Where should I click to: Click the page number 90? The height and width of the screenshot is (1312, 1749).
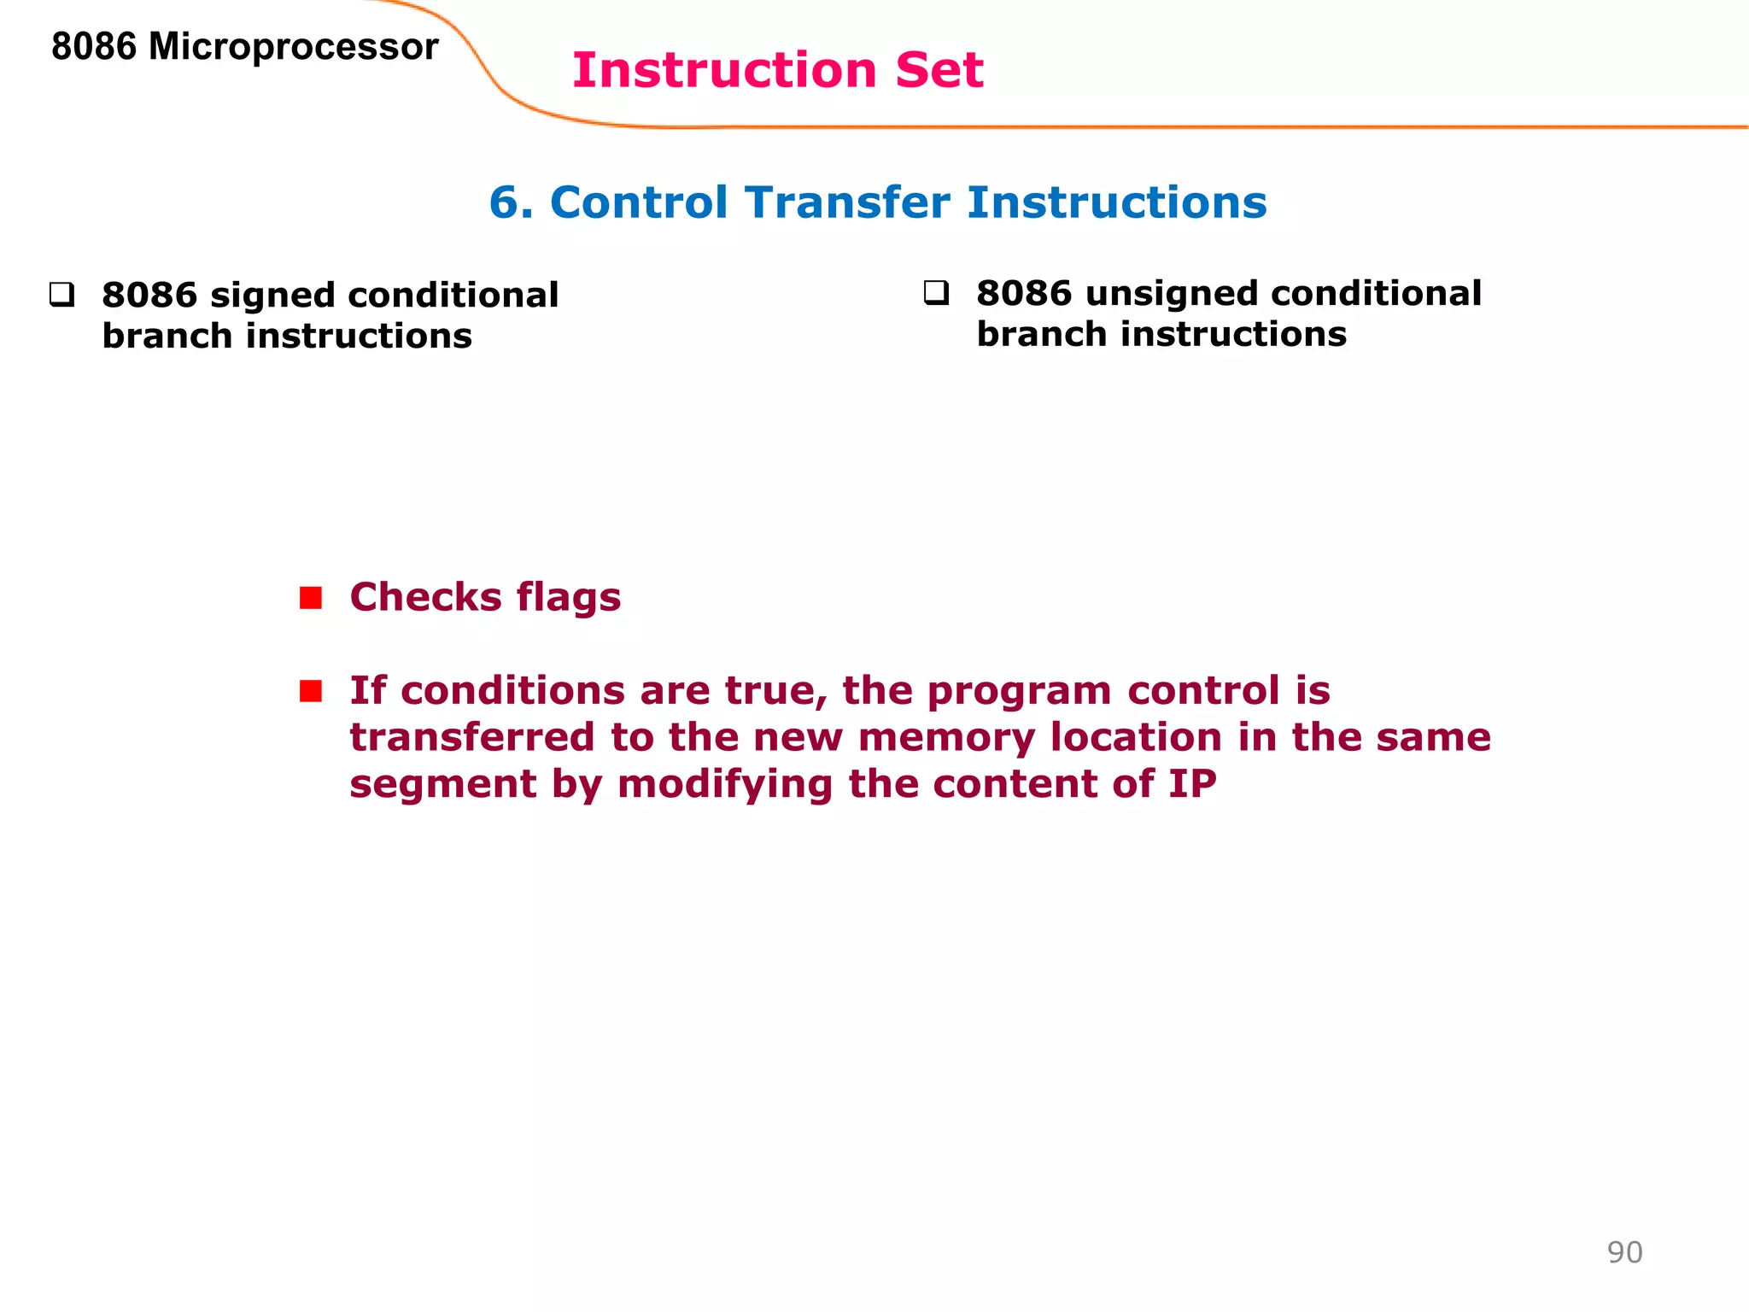tap(1624, 1252)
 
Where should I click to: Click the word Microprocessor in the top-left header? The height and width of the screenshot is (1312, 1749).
tap(293, 47)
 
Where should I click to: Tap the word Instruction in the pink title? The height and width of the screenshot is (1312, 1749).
tap(724, 70)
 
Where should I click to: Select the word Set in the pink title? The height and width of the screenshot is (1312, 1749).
tap(939, 70)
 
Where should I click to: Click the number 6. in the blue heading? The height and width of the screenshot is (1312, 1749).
tap(511, 203)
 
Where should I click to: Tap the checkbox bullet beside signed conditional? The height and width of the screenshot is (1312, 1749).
tap(61, 296)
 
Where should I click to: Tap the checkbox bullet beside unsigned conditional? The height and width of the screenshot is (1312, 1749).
tap(936, 293)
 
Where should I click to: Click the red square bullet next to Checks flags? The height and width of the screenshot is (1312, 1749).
tap(311, 598)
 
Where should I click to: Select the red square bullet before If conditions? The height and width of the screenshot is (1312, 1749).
tap(311, 690)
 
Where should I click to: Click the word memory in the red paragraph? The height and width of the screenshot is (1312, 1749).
tap(946, 738)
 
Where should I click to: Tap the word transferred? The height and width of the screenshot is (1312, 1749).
tap(471, 738)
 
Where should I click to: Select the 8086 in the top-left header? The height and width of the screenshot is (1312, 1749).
tap(93, 47)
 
